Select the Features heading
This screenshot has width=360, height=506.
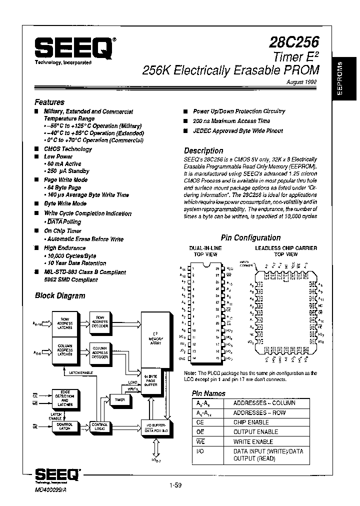coord(49,102)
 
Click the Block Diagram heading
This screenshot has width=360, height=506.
coord(59,295)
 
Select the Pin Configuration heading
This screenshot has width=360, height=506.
coord(250,238)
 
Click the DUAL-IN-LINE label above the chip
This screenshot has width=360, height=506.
coord(205,248)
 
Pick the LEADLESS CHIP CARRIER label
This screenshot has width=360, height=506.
coord(286,248)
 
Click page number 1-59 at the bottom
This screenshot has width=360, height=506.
coord(175,484)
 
